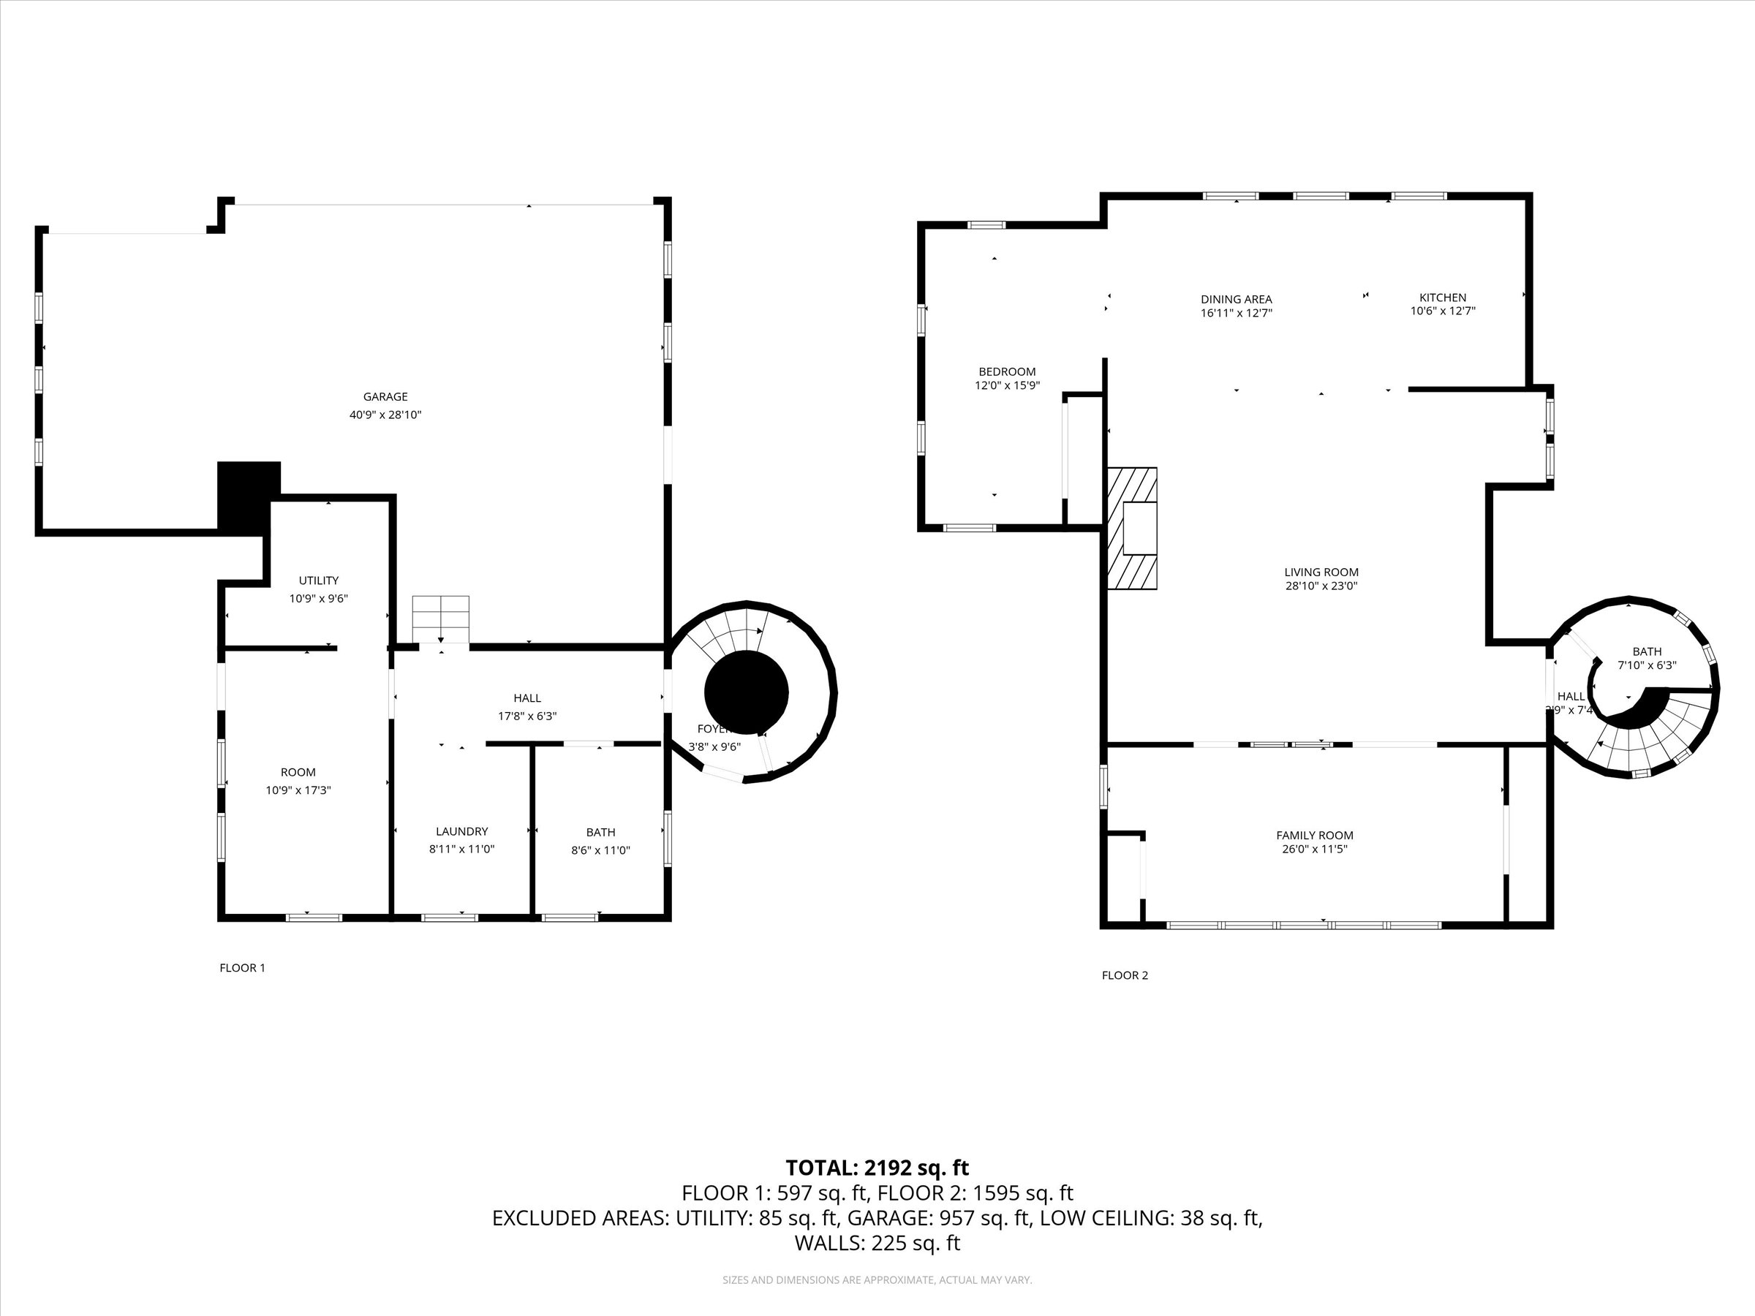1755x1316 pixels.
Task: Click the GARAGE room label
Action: coord(385,396)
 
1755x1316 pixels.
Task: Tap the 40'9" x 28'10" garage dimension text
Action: coord(385,415)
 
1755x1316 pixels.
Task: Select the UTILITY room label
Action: coord(318,581)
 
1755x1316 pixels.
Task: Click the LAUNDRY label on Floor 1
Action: coord(461,831)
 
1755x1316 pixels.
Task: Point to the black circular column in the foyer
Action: coord(746,692)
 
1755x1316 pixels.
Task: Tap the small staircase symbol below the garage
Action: coord(440,619)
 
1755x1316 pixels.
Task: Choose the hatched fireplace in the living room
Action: coord(1132,529)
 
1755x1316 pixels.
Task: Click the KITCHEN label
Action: coord(1443,298)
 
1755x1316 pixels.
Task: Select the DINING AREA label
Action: coord(1236,299)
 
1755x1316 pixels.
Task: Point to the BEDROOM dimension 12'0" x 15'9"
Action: coord(1007,385)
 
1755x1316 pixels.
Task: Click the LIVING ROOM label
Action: coord(1321,572)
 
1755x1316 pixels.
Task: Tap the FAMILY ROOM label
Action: coord(1315,835)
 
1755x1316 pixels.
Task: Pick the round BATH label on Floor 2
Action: coord(1647,651)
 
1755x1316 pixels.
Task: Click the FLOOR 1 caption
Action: coord(242,968)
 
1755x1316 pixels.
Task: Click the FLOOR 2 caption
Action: coord(1124,976)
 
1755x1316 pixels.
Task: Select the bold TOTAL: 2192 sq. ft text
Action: coord(877,1168)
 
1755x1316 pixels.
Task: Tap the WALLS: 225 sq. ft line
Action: coord(877,1243)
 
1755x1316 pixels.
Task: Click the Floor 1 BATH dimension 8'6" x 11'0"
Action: coord(600,850)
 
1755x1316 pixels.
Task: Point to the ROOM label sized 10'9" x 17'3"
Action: coord(298,773)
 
